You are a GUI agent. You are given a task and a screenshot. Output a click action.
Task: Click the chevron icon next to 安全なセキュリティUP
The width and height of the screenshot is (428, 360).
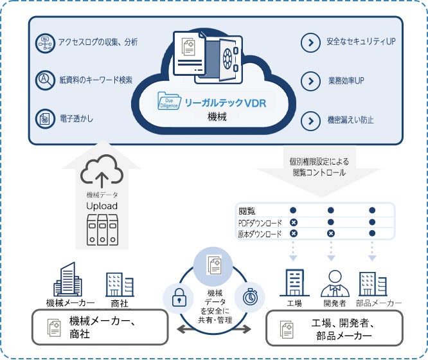tap(311, 42)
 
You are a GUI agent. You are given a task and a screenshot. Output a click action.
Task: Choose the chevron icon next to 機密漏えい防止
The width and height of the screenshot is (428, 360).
tap(311, 120)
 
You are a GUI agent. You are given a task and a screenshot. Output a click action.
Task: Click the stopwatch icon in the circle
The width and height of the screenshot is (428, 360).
tap(251, 297)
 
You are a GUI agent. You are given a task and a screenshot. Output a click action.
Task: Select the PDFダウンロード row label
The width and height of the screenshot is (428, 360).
tap(260, 222)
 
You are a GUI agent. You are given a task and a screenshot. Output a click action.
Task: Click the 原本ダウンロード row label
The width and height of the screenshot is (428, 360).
tap(260, 234)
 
